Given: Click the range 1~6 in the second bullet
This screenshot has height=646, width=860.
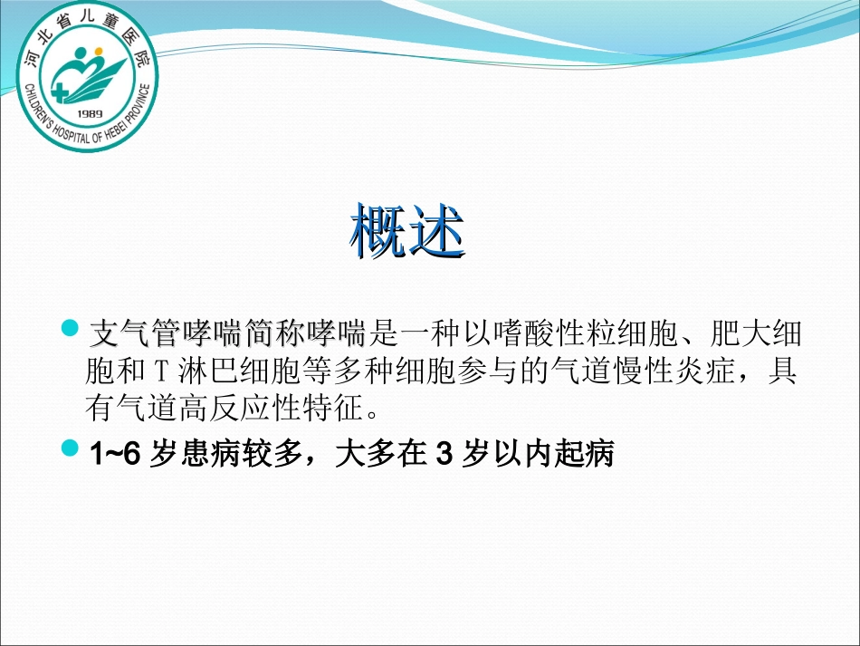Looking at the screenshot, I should click(116, 453).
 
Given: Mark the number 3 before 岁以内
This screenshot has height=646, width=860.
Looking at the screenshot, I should click(444, 453).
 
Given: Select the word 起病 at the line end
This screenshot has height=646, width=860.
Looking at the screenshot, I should click(588, 453).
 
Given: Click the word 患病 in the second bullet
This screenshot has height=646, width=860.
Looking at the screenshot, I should click(207, 453).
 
